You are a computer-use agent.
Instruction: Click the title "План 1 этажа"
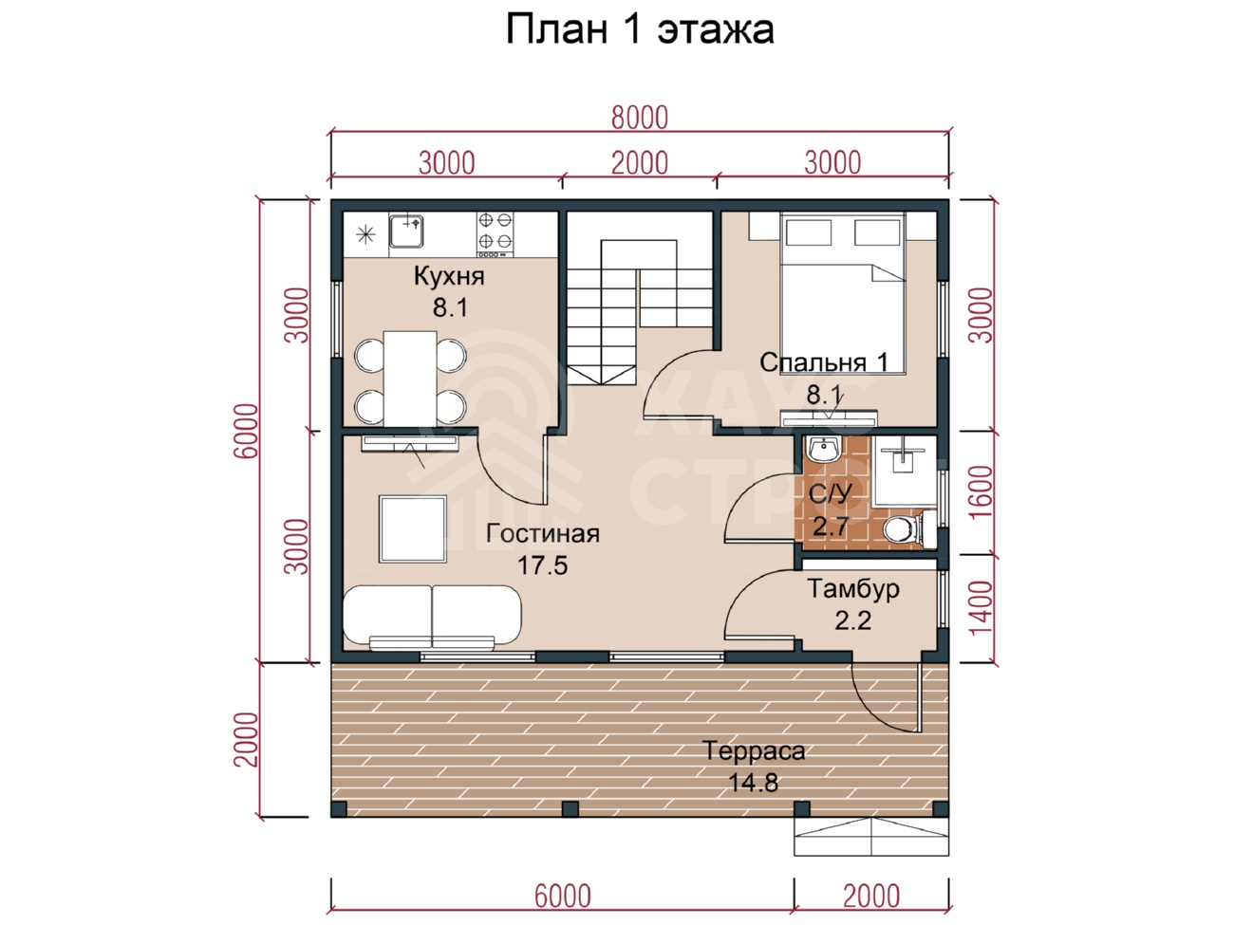click(x=640, y=29)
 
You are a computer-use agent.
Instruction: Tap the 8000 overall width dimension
click(x=639, y=118)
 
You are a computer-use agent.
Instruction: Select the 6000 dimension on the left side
click(x=246, y=431)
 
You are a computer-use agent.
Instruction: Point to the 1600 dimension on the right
click(x=981, y=492)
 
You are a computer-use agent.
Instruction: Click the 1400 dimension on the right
click(x=981, y=608)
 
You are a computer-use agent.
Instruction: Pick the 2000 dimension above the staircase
click(x=639, y=163)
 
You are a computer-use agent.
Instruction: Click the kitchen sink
click(x=406, y=231)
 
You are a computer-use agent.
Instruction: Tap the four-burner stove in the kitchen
click(x=495, y=234)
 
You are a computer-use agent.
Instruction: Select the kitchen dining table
click(x=410, y=379)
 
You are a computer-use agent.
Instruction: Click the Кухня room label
click(x=449, y=276)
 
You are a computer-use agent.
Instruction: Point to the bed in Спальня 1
click(x=843, y=292)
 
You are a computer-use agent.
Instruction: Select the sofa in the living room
click(x=432, y=617)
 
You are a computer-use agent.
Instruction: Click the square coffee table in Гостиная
click(x=413, y=528)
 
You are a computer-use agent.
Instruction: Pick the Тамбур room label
click(x=852, y=590)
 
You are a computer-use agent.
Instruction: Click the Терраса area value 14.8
click(x=754, y=783)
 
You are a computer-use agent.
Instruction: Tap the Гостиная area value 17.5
click(x=543, y=565)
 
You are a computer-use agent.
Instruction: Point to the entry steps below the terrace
click(x=870, y=837)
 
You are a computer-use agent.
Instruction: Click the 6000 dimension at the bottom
click(x=562, y=896)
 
